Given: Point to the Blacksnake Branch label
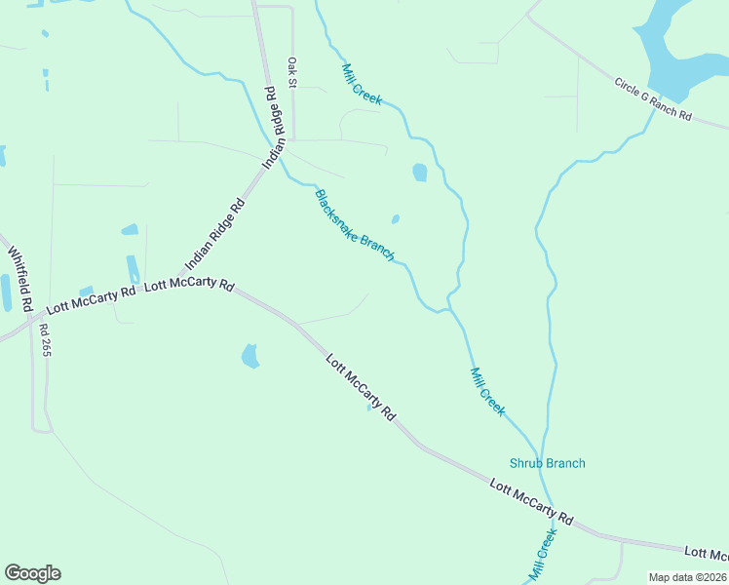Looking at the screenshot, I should coord(354,225).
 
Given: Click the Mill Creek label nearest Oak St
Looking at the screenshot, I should coord(362,85).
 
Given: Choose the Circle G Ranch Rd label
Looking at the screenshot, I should coord(652,99).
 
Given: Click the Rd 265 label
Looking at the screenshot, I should coord(44,340).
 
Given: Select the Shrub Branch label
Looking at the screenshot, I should coord(548,463).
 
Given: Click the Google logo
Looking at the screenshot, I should coord(32,573).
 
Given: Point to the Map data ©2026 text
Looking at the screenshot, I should coord(687,577).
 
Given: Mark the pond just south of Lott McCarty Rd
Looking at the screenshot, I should coord(250,356).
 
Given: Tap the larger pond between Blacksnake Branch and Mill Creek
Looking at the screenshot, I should coord(419,173).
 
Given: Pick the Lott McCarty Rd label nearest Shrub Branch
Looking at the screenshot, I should coord(531,498).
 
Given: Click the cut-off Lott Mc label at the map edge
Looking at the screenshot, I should coord(706,554).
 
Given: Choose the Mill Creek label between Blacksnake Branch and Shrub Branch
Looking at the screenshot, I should coord(487,391).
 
